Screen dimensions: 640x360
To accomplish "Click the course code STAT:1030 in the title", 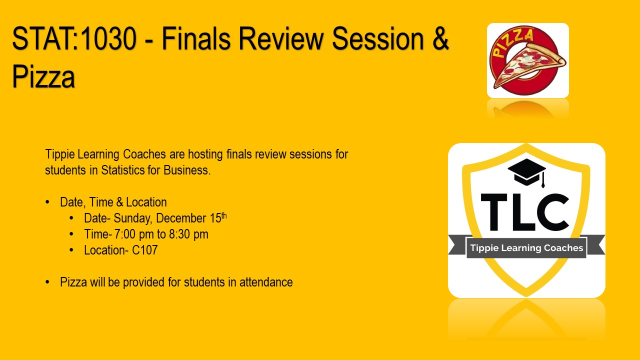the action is pos(74,38).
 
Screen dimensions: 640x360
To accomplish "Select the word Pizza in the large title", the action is pos(43,76).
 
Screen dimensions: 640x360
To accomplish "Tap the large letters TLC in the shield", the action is pos(525,212).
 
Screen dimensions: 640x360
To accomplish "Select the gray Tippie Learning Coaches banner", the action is pos(526,247).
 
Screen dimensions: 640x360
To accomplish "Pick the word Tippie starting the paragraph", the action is pos(60,155).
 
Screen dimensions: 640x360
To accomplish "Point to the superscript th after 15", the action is pos(224,215).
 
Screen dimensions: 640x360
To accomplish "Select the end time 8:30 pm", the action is pos(188,234).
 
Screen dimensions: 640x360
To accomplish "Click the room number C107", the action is pos(144,250).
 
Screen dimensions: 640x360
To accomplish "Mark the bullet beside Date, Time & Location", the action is pos(47,202).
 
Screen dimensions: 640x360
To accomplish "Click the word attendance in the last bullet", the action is pos(266,282).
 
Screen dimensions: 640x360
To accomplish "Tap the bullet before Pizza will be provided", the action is pos(47,282).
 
